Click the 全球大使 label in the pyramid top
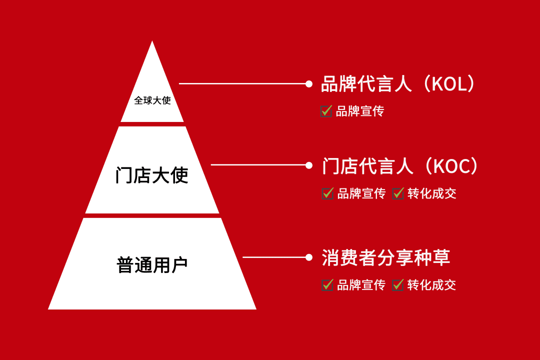tap(152, 100)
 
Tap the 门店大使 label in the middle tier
tap(152, 175)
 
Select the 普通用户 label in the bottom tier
tap(152, 265)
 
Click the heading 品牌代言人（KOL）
tap(398, 83)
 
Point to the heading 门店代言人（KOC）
tap(400, 166)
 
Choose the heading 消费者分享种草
tap(385, 257)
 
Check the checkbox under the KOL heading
tap(326, 111)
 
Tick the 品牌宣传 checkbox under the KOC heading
tap(327, 193)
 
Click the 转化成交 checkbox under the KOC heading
tap(398, 193)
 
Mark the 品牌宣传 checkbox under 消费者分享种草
tap(327, 285)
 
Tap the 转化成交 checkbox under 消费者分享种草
tap(397, 285)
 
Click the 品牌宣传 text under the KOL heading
tap(360, 111)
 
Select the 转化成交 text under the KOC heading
tap(432, 193)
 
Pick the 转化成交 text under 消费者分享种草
tap(431, 285)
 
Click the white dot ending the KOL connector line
tap(309, 83)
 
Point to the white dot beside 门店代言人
tap(309, 165)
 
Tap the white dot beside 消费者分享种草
tap(309, 257)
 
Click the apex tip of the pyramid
tap(152, 41)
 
